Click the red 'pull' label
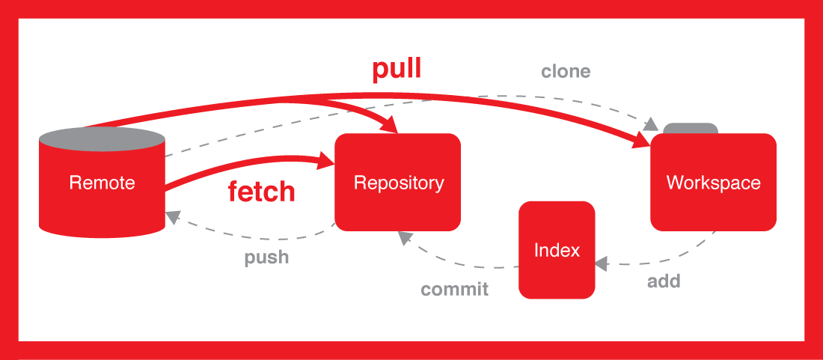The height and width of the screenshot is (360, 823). [x=397, y=70]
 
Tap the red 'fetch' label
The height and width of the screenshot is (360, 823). [x=261, y=192]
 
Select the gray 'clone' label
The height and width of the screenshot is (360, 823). [x=566, y=72]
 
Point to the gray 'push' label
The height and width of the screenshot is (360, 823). [x=266, y=257]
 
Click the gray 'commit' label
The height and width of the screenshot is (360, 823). [x=454, y=289]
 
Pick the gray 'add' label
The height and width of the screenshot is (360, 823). [x=663, y=282]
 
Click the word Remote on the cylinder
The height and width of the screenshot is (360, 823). [x=102, y=183]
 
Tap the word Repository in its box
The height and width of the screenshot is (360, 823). [x=398, y=183]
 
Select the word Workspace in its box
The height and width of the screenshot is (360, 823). [x=713, y=183]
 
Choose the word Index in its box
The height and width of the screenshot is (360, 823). [x=557, y=250]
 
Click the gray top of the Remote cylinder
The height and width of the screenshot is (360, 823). [x=102, y=138]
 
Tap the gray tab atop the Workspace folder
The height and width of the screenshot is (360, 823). [x=691, y=129]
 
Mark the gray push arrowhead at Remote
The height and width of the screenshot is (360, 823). [x=172, y=216]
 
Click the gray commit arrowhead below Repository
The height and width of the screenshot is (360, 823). [x=405, y=237]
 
